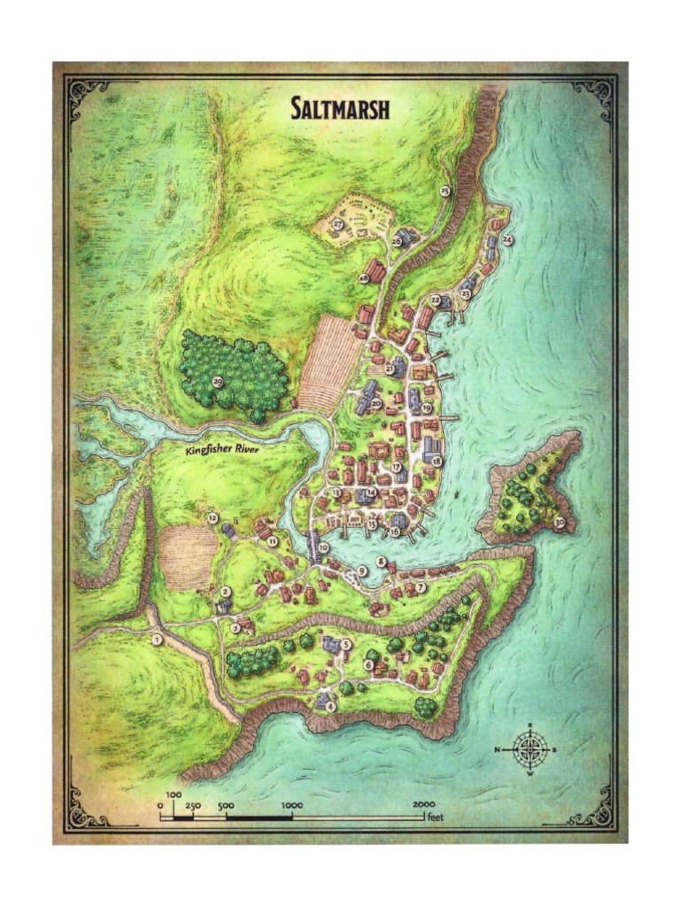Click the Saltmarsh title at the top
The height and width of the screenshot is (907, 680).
(341, 109)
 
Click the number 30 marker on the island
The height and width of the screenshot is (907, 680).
(560, 523)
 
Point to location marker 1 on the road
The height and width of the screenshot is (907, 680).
(157, 640)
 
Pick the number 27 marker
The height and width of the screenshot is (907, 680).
(337, 225)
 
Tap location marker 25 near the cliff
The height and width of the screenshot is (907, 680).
(444, 190)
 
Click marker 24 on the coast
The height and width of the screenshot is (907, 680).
(507, 240)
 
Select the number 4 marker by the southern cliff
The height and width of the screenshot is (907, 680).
(331, 707)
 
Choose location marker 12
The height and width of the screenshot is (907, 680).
(212, 517)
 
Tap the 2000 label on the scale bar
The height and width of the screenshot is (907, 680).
(421, 804)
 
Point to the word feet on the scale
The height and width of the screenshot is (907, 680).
(435, 817)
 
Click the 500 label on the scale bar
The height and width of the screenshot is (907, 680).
(225, 804)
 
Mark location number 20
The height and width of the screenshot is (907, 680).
(376, 403)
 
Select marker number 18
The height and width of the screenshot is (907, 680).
(437, 461)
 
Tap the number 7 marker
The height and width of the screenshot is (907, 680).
(421, 587)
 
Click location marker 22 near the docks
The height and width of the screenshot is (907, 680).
(435, 300)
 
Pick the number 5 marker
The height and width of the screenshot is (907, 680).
(346, 645)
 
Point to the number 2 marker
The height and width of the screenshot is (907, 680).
(226, 591)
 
